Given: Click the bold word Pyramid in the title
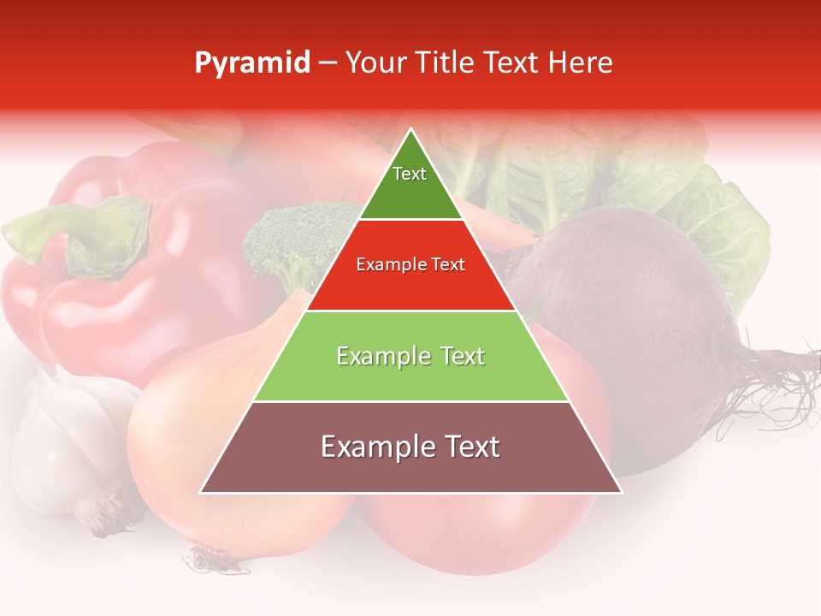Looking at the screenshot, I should pos(251,63).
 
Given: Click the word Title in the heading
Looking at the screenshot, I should pos(448,63).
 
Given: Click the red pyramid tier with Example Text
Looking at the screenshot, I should pos(410,265).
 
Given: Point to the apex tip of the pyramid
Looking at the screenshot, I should pos(410,131).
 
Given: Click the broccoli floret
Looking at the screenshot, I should pos(291,240).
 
